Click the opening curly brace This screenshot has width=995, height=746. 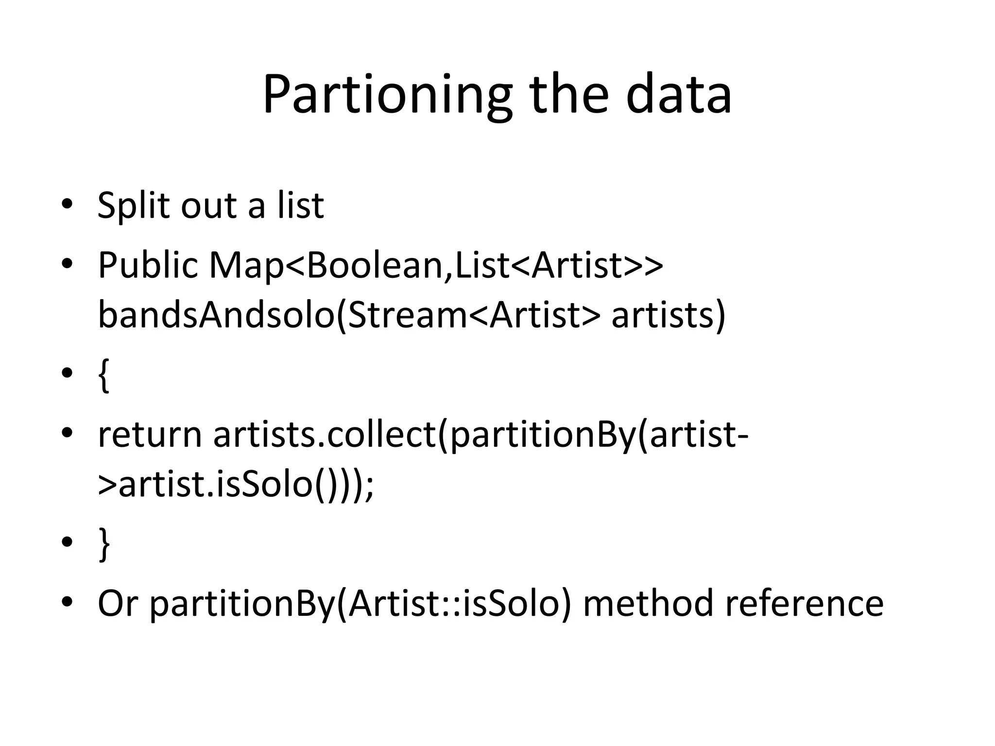click(103, 375)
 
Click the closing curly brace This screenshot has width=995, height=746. click(104, 544)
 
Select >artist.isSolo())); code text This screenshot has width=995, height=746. click(236, 485)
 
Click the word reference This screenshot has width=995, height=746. click(804, 603)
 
